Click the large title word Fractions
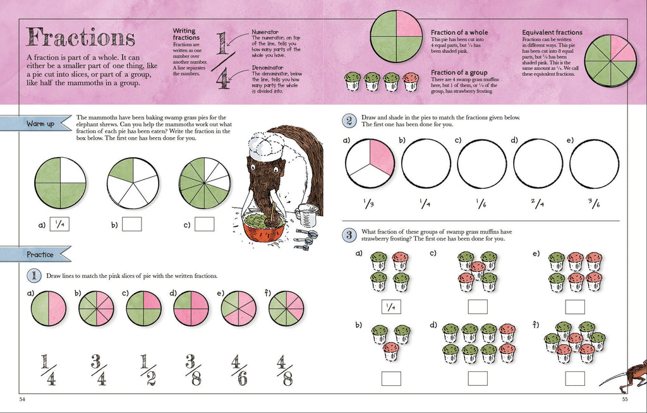click(80, 37)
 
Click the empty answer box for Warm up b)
click(131, 224)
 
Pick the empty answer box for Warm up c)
click(205, 224)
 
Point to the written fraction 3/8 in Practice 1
click(190, 369)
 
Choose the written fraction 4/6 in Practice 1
click(237, 369)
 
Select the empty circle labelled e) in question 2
click(595, 164)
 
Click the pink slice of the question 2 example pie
click(382, 158)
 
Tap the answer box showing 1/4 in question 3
click(391, 307)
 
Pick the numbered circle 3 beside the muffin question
click(348, 235)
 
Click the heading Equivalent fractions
click(552, 32)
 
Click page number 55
click(624, 399)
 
